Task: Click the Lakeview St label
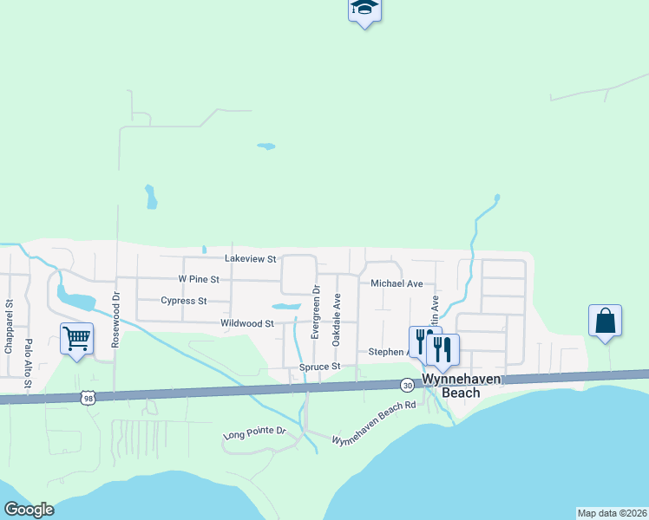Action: point(250,259)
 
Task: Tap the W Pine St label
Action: point(199,280)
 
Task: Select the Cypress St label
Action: point(184,302)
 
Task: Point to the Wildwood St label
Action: point(247,323)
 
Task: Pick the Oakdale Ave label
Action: point(338,318)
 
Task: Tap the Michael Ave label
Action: point(397,283)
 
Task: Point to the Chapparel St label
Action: point(9,328)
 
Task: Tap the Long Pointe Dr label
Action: point(254,432)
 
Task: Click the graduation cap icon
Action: point(365,9)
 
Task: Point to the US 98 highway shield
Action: point(86,398)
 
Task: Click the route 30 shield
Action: point(407,384)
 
